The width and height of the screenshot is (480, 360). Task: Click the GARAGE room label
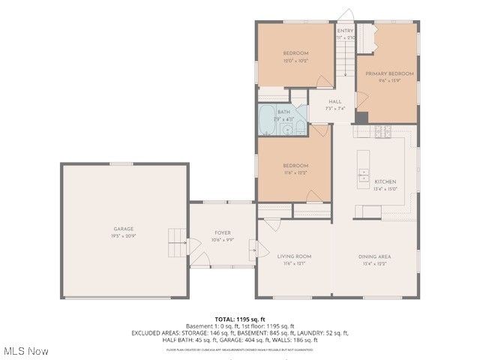(x=124, y=228)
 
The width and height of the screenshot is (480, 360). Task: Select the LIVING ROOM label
(x=294, y=256)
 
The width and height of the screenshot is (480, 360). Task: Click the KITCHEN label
(x=385, y=182)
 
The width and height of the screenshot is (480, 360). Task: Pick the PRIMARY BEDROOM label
(x=389, y=73)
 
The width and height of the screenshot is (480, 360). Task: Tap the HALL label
(x=334, y=101)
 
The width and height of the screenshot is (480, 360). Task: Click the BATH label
(x=283, y=112)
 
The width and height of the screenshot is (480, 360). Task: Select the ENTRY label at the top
(x=346, y=31)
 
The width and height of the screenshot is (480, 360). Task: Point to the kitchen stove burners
(x=383, y=133)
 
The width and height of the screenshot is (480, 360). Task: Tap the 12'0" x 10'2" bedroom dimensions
(x=295, y=60)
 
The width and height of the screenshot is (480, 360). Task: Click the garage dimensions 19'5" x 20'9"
(x=124, y=235)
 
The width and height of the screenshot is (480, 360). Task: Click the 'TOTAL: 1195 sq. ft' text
(x=240, y=319)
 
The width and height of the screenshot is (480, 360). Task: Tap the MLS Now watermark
(x=27, y=351)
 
